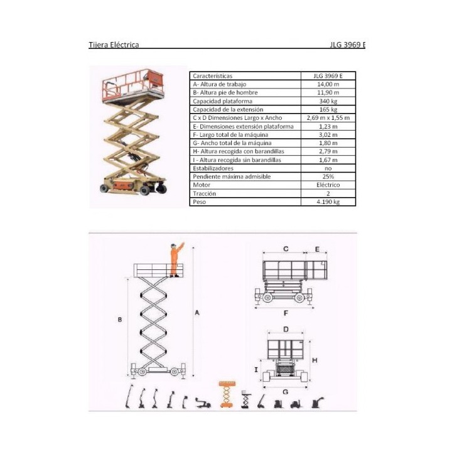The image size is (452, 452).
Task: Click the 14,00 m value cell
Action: click(328, 84)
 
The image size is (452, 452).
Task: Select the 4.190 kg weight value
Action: click(328, 202)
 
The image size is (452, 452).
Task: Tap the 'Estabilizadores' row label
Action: click(213, 168)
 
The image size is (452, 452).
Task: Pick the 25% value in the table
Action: click(328, 176)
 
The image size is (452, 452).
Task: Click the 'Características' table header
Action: click(212, 76)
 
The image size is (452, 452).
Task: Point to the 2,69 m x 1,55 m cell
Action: click(328, 117)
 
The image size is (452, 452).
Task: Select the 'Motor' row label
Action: click(202, 185)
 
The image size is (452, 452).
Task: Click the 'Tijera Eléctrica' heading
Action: click(114, 45)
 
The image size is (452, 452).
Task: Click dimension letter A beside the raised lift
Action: click(197, 313)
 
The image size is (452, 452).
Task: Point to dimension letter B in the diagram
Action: click(120, 320)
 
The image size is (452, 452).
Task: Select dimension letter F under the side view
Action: click(286, 313)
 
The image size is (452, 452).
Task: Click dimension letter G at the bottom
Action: click(286, 392)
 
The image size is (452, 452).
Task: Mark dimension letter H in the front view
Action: click(315, 360)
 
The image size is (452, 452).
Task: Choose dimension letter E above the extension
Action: click(317, 249)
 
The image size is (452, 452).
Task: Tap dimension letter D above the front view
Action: click(286, 329)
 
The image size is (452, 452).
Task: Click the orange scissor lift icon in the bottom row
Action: click(227, 394)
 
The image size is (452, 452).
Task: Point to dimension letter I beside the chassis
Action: click(256, 370)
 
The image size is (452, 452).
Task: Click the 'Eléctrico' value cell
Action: click(328, 185)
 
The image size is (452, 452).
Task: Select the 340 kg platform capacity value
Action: click(328, 101)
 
